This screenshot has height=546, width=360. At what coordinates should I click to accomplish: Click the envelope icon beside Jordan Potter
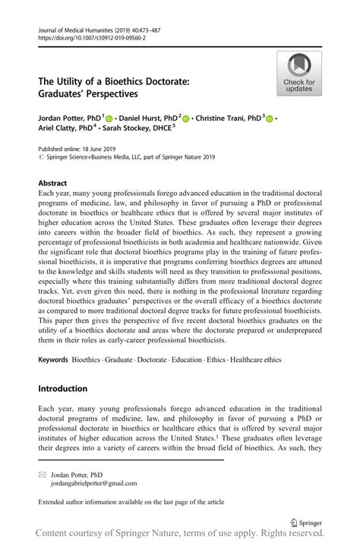point(42,473)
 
